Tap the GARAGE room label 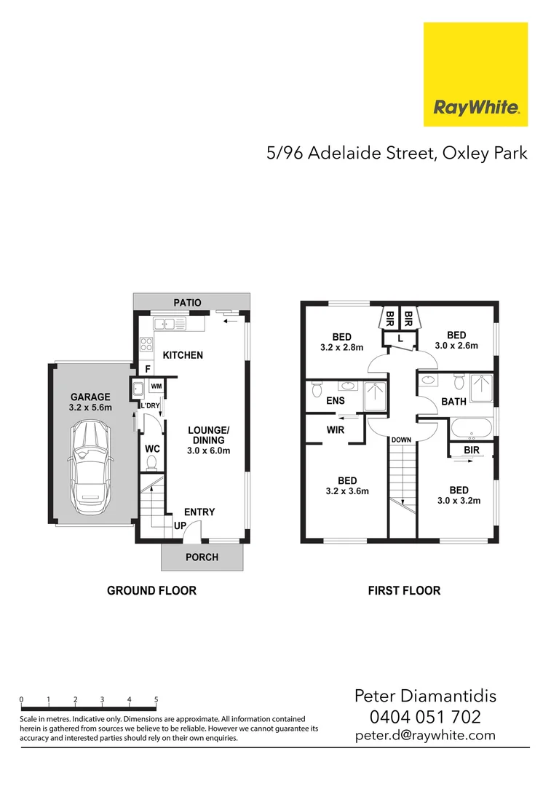click(90, 397)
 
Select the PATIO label click(186, 302)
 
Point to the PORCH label click(202, 557)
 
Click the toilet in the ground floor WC click(152, 464)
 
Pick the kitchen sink click(170, 325)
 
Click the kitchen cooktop click(145, 344)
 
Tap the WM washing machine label click(156, 386)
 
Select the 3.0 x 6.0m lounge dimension click(210, 451)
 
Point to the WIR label click(335, 430)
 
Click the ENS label click(336, 401)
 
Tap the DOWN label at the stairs click(401, 440)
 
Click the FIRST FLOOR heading click(404, 590)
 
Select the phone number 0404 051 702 click(425, 718)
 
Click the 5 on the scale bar click(156, 699)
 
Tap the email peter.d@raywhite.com click(425, 736)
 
